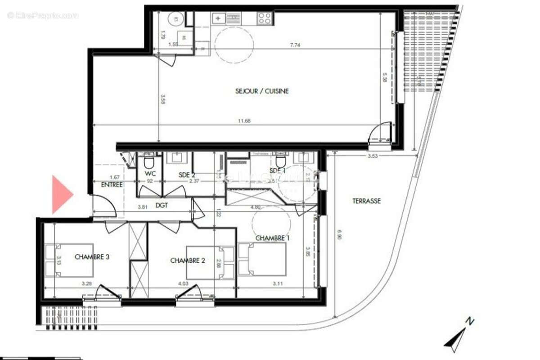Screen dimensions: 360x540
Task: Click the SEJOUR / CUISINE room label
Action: click(262, 91)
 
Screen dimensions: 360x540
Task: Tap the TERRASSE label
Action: click(366, 201)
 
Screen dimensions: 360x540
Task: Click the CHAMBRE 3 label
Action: click(92, 257)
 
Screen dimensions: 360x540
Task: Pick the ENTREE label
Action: click(112, 184)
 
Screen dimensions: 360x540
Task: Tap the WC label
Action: click(149, 173)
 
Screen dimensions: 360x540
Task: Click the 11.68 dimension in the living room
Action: click(243, 121)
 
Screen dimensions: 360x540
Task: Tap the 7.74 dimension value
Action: click(295, 45)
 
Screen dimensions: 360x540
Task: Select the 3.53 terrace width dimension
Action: click(371, 156)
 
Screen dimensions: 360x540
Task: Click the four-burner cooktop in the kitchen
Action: click(264, 18)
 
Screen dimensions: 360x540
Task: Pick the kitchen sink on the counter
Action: click(219, 18)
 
